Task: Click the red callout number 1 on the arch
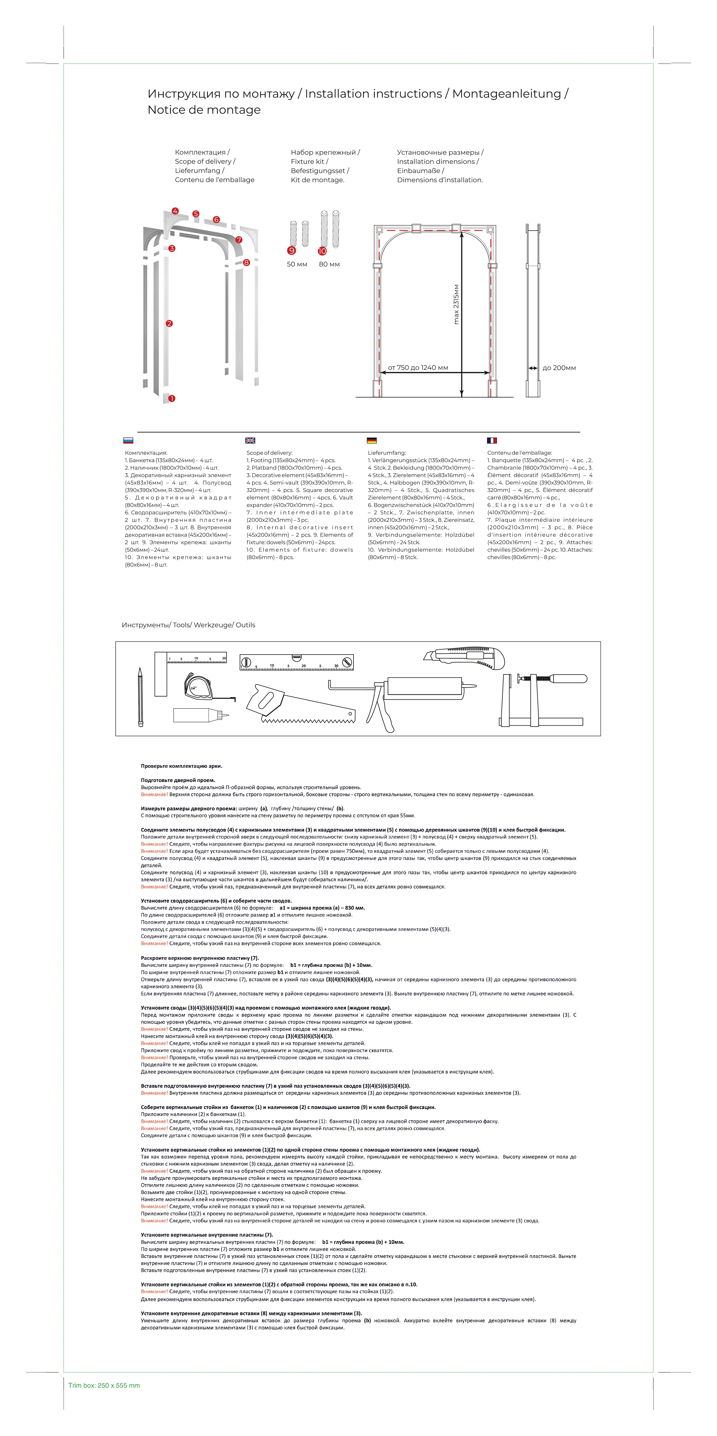click(172, 399)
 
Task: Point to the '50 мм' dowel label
click(297, 264)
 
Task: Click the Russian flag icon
click(128, 440)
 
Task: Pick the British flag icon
click(250, 440)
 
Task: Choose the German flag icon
click(372, 440)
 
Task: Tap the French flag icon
click(492, 440)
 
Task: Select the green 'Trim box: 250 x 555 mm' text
click(104, 1385)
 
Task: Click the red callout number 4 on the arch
click(175, 211)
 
